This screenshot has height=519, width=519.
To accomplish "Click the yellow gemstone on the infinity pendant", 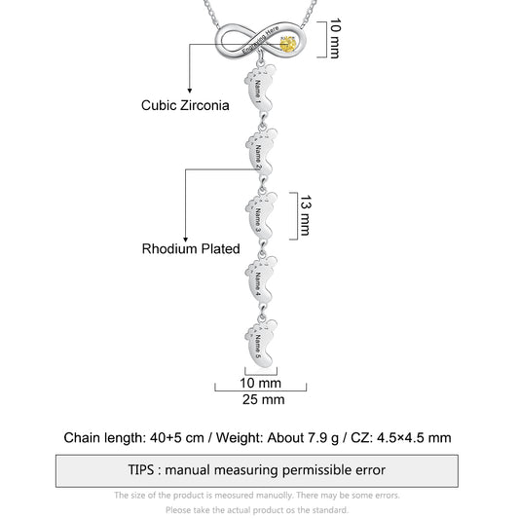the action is (287, 45).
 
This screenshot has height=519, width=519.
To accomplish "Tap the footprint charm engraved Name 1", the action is (260, 88).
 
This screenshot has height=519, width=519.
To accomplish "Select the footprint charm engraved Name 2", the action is (261, 152).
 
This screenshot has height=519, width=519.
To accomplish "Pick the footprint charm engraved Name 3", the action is (261, 215).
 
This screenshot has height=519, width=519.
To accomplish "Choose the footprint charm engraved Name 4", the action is (261, 280).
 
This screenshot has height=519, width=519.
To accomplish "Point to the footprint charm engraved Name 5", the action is (261, 344).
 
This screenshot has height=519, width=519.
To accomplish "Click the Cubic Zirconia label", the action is (185, 105).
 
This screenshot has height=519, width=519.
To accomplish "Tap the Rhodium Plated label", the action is (191, 249).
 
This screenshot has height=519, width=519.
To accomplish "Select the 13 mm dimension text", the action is (305, 215).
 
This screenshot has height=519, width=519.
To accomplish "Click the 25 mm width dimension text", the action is (264, 399).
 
